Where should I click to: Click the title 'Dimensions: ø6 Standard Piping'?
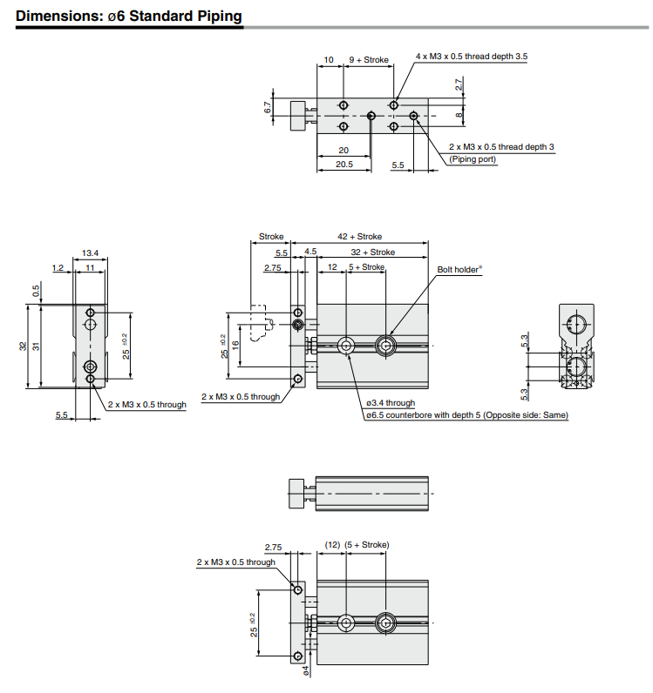click(x=129, y=17)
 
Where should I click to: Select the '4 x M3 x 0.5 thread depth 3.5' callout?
click(x=472, y=56)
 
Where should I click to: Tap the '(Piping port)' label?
click(x=473, y=159)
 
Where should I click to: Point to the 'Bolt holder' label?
click(x=459, y=270)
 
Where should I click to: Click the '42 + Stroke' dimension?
click(x=359, y=237)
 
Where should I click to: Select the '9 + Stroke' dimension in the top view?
click(x=368, y=60)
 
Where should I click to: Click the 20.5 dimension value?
click(x=344, y=164)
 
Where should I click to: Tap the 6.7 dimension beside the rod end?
click(x=268, y=108)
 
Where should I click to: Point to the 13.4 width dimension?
click(x=90, y=253)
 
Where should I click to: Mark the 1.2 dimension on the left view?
click(x=58, y=267)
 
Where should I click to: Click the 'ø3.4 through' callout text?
click(x=391, y=403)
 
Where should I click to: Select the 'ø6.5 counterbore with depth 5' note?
click(x=466, y=415)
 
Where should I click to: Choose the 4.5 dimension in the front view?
click(x=310, y=252)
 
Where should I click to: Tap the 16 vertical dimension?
click(x=235, y=346)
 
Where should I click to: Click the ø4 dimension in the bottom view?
click(x=306, y=670)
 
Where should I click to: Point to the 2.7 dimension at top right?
click(x=459, y=84)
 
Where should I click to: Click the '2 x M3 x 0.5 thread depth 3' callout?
click(x=501, y=147)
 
